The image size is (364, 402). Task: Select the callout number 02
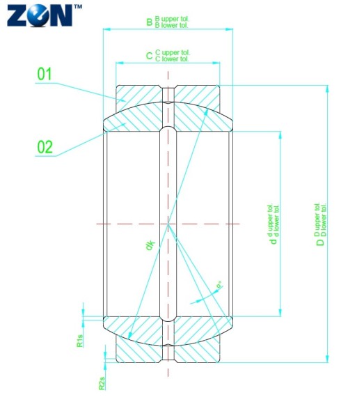pos(45,146)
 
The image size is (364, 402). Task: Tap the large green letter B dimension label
pos(149,22)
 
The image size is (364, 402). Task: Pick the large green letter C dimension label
pos(149,55)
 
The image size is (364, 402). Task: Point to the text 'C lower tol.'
pos(172,59)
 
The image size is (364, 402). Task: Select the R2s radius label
pos(102,382)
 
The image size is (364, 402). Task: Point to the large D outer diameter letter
pos(321,242)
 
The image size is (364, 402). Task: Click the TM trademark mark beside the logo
pos(77,6)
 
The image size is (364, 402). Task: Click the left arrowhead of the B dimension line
pos(106,29)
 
